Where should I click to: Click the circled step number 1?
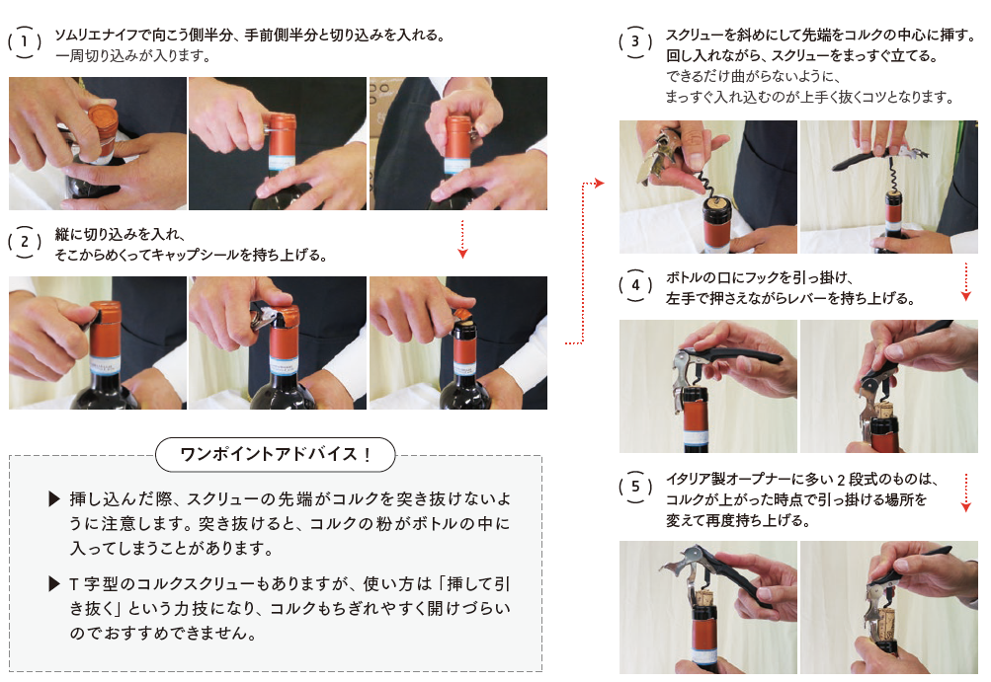25,42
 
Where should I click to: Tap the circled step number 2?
25,242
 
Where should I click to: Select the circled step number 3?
635,42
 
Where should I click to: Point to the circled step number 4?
635,285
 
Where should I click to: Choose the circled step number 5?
635,487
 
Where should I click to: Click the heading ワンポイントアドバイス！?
276,454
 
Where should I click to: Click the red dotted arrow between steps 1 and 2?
462,239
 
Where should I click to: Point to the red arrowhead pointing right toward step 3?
600,184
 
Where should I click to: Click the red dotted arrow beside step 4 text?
965,281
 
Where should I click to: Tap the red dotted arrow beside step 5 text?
965,492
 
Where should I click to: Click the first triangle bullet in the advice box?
54,499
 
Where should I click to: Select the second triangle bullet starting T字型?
54,584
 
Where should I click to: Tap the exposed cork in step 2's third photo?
465,327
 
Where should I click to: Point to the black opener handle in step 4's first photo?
739,354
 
